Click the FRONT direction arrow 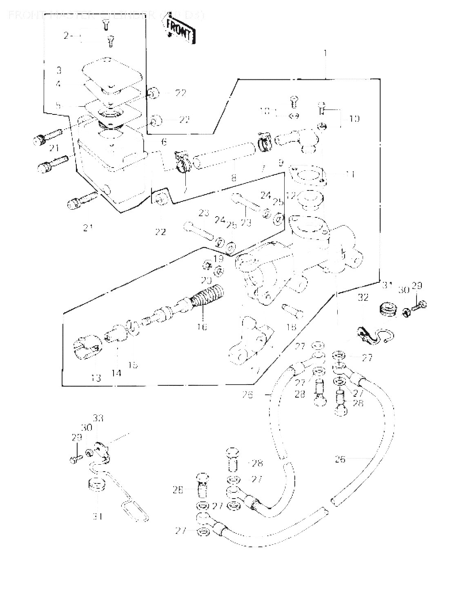tap(179, 30)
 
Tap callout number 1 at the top tap(325, 53)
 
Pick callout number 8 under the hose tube tap(234, 178)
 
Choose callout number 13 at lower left tap(96, 378)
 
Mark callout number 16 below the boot tap(203, 327)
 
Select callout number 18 tap(291, 327)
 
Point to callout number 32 tap(363, 298)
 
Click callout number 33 tap(98, 418)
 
